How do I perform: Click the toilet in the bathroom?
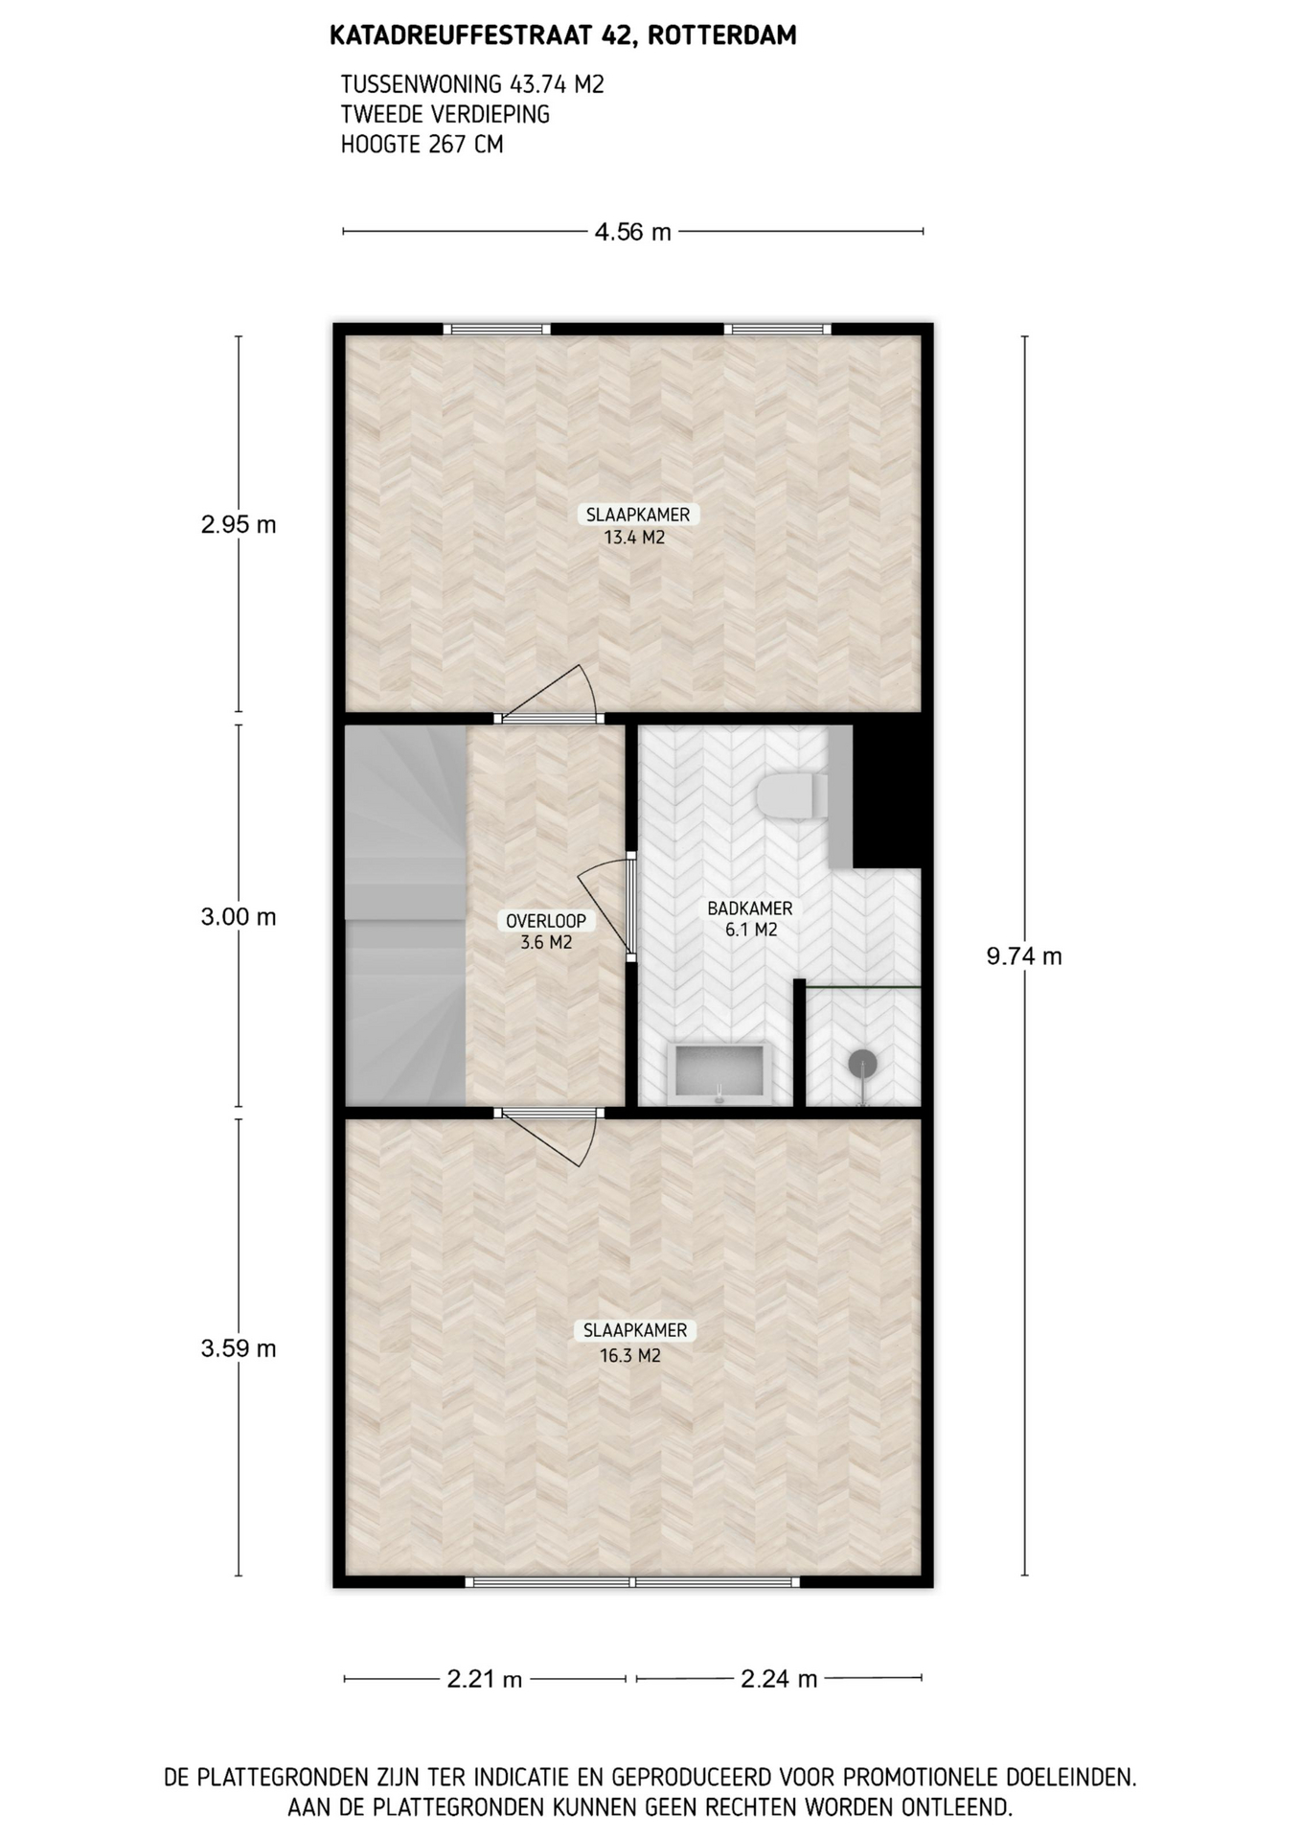tap(792, 796)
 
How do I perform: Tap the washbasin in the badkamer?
tap(720, 1071)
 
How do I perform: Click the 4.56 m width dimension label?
tap(633, 232)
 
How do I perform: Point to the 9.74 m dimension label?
tap(1024, 956)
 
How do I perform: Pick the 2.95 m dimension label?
tap(239, 524)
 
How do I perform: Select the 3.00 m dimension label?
tap(239, 917)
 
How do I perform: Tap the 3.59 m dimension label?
tap(239, 1348)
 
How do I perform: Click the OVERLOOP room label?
tap(546, 921)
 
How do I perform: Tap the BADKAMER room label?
tap(750, 908)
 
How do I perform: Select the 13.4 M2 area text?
tap(634, 538)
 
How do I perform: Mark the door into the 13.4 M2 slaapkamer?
tap(548, 694)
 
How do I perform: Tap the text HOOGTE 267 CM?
tap(422, 145)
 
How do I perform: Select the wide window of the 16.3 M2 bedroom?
tap(632, 1581)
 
